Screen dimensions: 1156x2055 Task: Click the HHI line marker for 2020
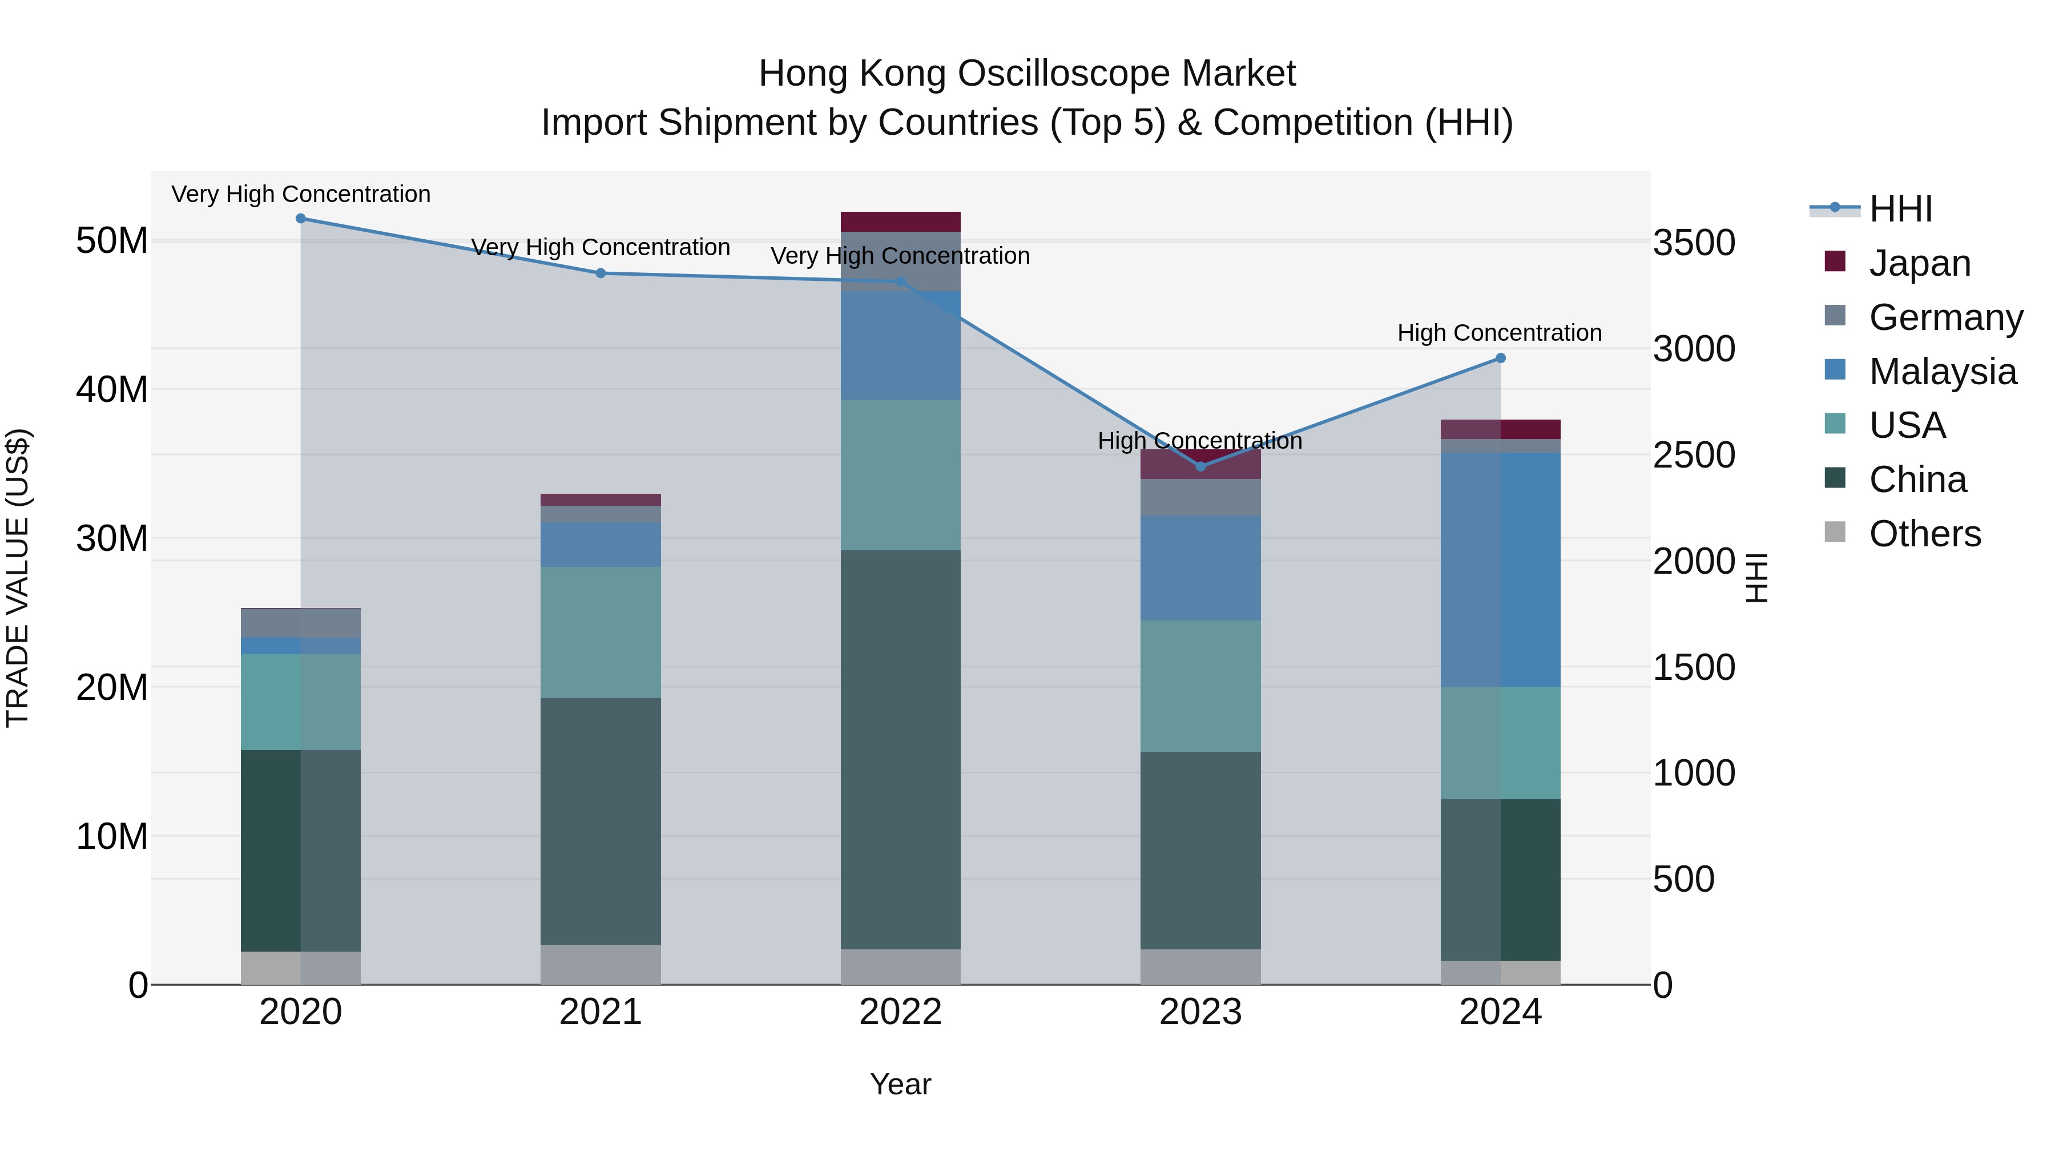(x=301, y=219)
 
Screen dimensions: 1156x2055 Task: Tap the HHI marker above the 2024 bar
(x=1501, y=358)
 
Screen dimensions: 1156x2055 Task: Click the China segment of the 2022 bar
(x=901, y=750)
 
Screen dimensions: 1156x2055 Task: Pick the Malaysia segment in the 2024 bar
(x=1501, y=570)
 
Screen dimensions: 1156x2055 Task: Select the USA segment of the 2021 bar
(x=601, y=633)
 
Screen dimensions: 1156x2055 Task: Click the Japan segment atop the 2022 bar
(x=901, y=222)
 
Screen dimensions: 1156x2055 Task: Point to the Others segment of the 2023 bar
(x=1200, y=967)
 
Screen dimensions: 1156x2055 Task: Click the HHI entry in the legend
(x=1900, y=209)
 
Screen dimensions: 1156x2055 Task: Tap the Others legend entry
(x=1924, y=534)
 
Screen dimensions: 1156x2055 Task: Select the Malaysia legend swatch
(x=1835, y=370)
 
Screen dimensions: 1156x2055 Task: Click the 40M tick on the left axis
(x=112, y=389)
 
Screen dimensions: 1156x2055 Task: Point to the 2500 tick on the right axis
(x=1694, y=456)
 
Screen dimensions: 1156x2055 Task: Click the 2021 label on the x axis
(x=601, y=1012)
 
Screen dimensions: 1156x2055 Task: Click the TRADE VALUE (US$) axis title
(x=18, y=578)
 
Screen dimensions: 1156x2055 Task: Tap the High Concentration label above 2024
(x=1499, y=333)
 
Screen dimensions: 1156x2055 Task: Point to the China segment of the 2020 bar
(x=301, y=851)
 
